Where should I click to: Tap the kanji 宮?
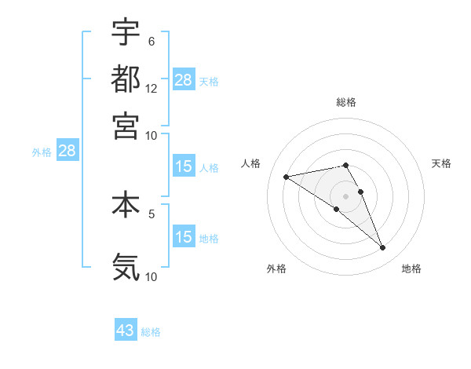pyautogui.click(x=126, y=125)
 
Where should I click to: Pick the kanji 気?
pyautogui.click(x=126, y=267)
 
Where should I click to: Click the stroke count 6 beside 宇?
pyautogui.click(x=151, y=41)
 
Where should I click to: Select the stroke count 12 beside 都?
pyautogui.click(x=152, y=88)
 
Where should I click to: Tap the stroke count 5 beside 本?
pyautogui.click(x=151, y=213)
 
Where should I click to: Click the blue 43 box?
pyautogui.click(x=126, y=331)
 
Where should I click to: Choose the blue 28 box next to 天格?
pyautogui.click(x=184, y=80)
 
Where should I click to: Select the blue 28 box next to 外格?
pyautogui.click(x=67, y=151)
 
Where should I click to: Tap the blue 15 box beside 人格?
pyautogui.click(x=184, y=166)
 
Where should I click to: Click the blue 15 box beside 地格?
pyautogui.click(x=184, y=237)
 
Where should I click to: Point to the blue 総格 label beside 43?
pyautogui.click(x=151, y=332)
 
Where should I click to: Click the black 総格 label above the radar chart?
pyautogui.click(x=346, y=102)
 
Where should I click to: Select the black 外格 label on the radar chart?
pyautogui.click(x=276, y=269)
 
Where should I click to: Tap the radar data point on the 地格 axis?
pyautogui.click(x=383, y=248)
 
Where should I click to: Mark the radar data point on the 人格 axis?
pyautogui.click(x=287, y=177)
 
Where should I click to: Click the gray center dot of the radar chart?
pyautogui.click(x=345, y=195)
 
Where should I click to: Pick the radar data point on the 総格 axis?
pyautogui.click(x=345, y=165)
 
